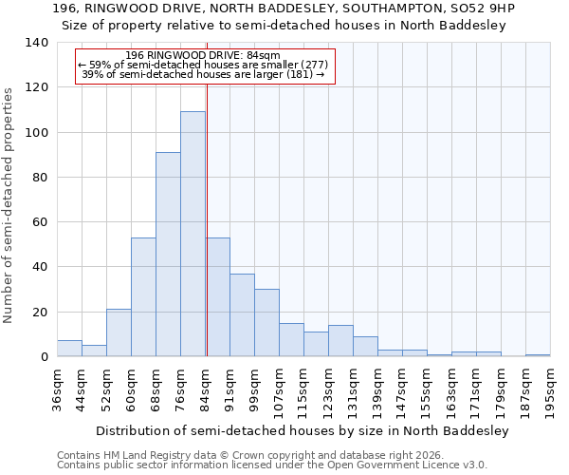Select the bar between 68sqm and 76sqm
click(x=168, y=255)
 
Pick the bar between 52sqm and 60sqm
click(x=119, y=333)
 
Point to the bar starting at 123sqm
click(x=340, y=341)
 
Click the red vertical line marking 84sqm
click(x=206, y=218)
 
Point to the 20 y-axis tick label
click(x=40, y=313)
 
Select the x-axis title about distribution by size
click(x=303, y=430)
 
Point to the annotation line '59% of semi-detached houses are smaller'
click(x=203, y=65)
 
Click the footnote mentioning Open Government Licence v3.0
click(x=272, y=465)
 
